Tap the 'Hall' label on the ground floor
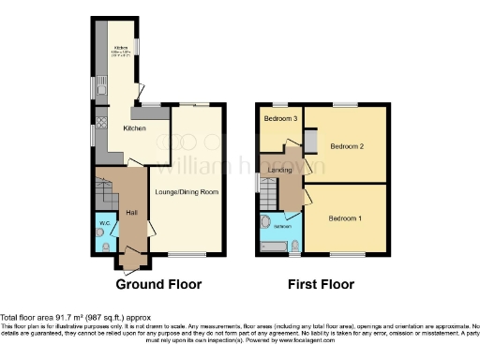tap(132, 212)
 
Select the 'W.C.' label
tap(106, 223)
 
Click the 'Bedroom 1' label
tap(344, 217)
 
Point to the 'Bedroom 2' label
tap(347, 145)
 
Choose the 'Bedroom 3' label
tap(279, 119)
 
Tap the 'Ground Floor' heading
tap(157, 283)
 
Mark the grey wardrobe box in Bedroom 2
tap(310, 140)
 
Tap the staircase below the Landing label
tap(270, 195)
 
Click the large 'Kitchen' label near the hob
tap(133, 127)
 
